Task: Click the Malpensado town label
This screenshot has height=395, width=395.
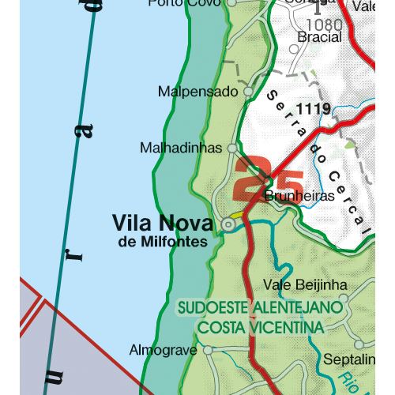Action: tap(197, 92)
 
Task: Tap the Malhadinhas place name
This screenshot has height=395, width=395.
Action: tap(181, 148)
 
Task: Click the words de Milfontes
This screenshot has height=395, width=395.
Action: tap(163, 242)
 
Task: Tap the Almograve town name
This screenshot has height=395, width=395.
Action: tap(163, 349)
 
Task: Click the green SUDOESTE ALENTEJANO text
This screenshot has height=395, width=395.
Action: tap(261, 307)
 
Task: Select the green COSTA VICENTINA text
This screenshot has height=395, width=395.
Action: tap(261, 326)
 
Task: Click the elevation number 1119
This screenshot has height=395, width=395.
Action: tap(314, 109)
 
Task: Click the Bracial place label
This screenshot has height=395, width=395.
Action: tap(319, 37)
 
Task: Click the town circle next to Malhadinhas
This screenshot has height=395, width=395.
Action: tap(232, 148)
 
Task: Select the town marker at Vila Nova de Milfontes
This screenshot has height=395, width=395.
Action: tap(228, 225)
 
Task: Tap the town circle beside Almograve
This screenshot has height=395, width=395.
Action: tap(208, 349)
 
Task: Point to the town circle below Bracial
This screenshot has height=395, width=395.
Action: tap(294, 49)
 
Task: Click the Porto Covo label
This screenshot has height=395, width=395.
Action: tap(184, 3)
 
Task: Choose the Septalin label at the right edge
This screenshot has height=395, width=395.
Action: tap(349, 360)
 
